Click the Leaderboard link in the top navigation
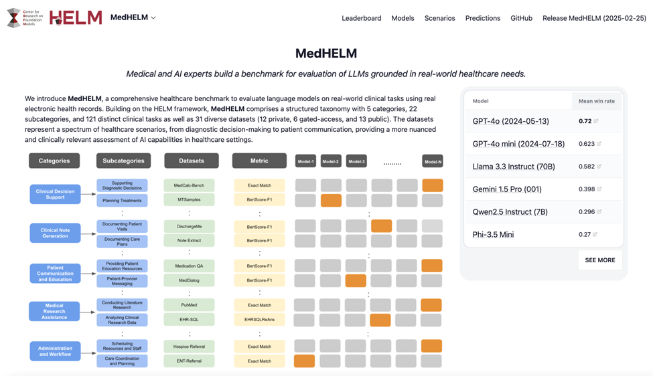pyautogui.click(x=361, y=18)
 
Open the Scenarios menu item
pyautogui.click(x=439, y=18)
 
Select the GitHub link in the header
pyautogui.click(x=521, y=18)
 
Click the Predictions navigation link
pyautogui.click(x=482, y=18)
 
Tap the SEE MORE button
pyautogui.click(x=599, y=260)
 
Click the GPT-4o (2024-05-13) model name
pyautogui.click(x=510, y=121)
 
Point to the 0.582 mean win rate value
pyautogui.click(x=587, y=166)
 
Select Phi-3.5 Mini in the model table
pyautogui.click(x=493, y=234)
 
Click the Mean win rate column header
pyautogui.click(x=595, y=101)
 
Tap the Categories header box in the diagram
pyautogui.click(x=54, y=161)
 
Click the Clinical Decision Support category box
pyautogui.click(x=55, y=194)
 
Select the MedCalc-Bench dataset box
pyautogui.click(x=189, y=185)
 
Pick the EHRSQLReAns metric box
pyautogui.click(x=259, y=320)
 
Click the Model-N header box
pyautogui.click(x=432, y=161)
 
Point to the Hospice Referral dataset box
pyautogui.click(x=189, y=347)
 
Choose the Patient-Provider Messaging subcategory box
pyautogui.click(x=122, y=280)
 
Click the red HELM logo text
pyautogui.click(x=76, y=17)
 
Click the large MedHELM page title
pyautogui.click(x=326, y=53)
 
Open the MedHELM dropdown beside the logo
pyautogui.click(x=133, y=17)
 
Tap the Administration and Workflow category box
pyautogui.click(x=55, y=351)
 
